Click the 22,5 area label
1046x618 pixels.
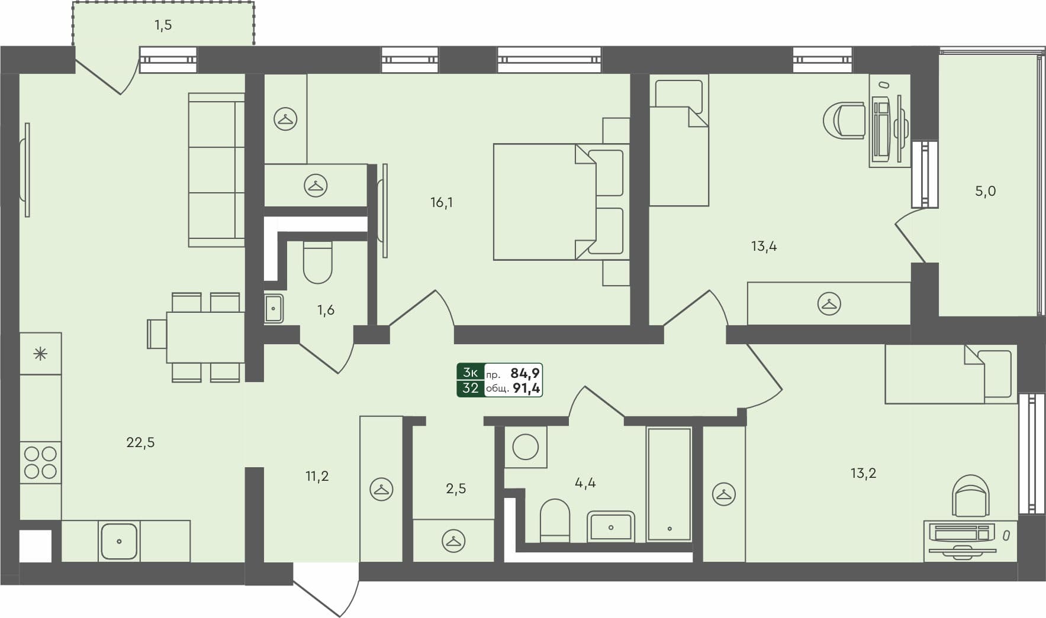[x=140, y=442]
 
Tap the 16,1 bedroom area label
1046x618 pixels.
[x=442, y=203]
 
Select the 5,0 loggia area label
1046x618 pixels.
[x=985, y=191]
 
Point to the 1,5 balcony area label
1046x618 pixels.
[x=163, y=25]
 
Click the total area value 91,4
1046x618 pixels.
[x=526, y=389]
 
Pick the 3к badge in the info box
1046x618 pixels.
[x=471, y=373]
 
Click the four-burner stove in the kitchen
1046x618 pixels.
[x=41, y=462]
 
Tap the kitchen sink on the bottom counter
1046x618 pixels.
[x=119, y=541]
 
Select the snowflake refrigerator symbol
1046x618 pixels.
[x=40, y=354]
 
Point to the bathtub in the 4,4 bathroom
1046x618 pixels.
[x=670, y=484]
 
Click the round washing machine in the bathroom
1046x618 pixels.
[x=525, y=446]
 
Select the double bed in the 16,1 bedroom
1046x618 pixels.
[x=559, y=202]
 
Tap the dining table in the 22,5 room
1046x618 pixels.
[x=205, y=337]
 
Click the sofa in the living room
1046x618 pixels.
[x=216, y=169]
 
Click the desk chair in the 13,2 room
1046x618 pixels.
[x=971, y=496]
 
